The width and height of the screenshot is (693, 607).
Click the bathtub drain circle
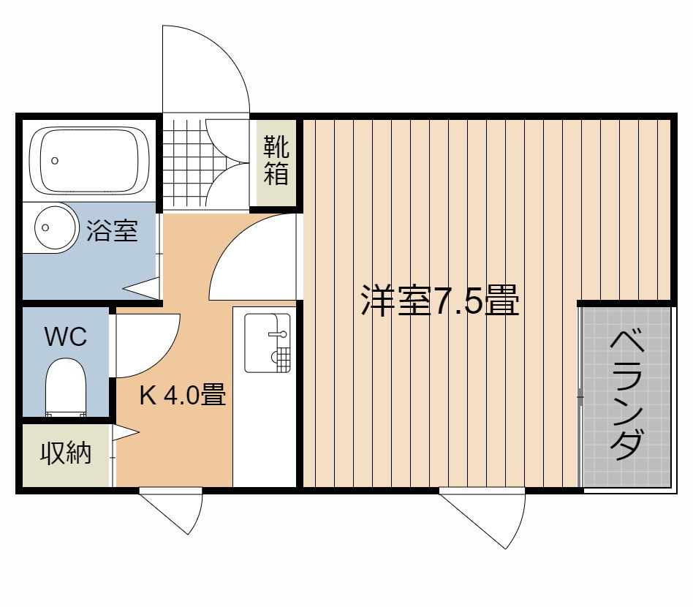55,160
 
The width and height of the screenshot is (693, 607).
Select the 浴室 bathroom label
112,230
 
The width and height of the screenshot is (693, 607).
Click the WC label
66,337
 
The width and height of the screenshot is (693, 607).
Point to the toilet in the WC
66,388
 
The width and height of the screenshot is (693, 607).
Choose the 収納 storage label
66,453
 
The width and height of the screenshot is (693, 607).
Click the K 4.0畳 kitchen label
183,394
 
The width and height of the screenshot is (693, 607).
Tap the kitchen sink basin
268,343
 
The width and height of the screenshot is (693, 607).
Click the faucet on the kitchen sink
279,333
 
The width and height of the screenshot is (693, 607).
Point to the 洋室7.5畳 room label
440,300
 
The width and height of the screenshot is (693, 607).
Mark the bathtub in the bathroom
89,160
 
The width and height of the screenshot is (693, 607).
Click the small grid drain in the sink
281,356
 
